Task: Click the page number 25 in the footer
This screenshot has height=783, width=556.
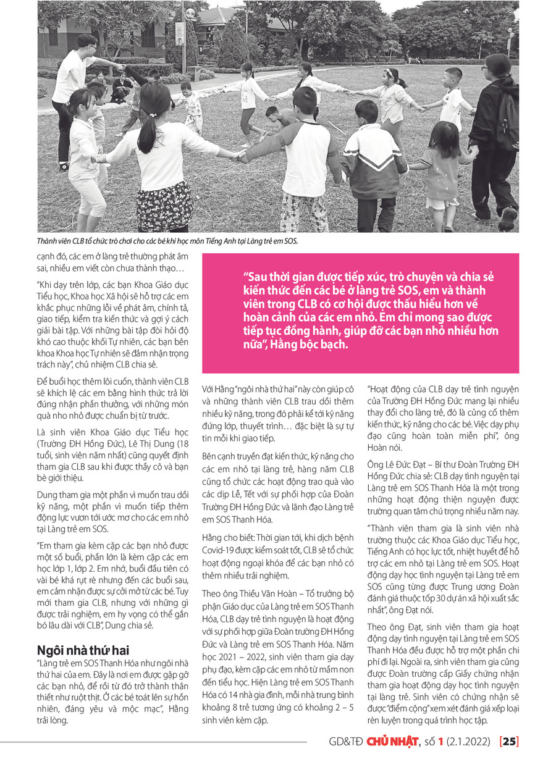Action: tap(510, 741)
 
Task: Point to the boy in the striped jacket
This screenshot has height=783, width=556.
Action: tap(374, 161)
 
